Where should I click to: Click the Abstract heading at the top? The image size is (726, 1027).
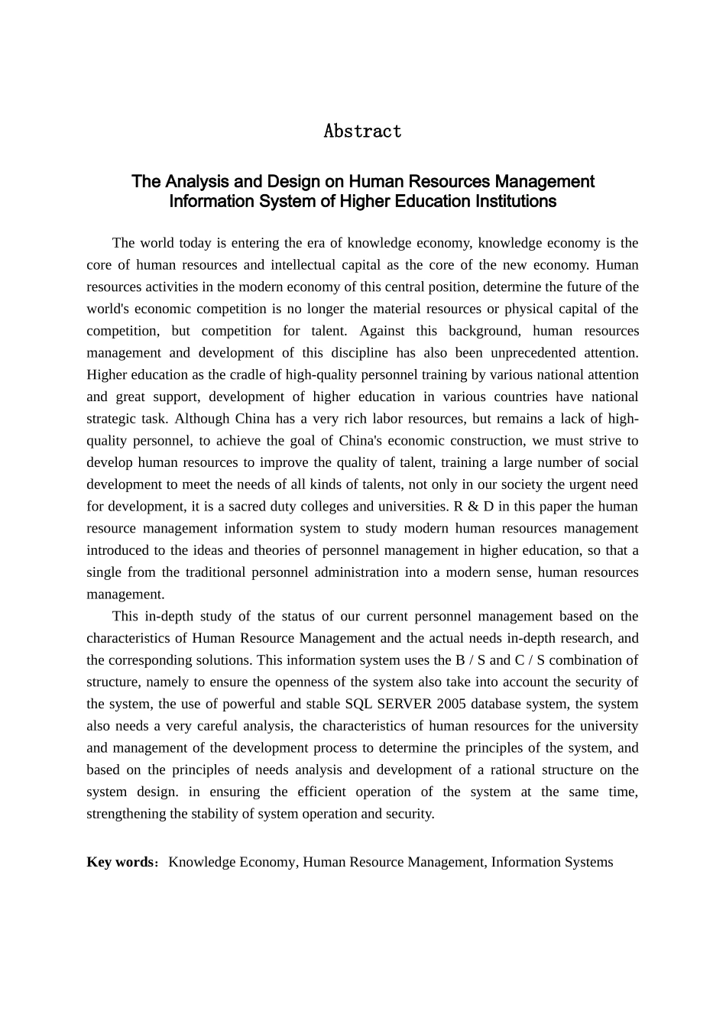point(362,131)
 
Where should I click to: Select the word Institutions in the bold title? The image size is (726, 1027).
point(516,202)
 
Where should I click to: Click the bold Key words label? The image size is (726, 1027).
point(121,862)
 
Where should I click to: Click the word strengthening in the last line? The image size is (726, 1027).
point(125,814)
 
